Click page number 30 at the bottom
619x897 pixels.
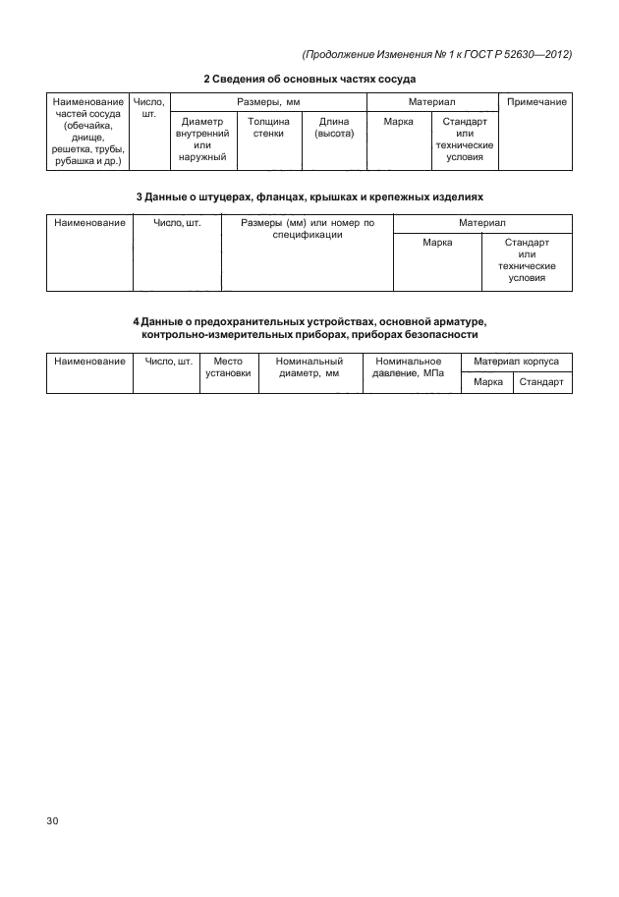tap(53, 820)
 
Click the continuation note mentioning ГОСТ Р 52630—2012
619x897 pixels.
tap(437, 54)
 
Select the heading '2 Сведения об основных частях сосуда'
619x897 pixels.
tap(309, 79)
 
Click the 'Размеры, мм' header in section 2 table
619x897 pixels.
tap(268, 102)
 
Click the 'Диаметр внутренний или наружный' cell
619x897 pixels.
tap(202, 139)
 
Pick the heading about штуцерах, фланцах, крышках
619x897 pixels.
tap(309, 197)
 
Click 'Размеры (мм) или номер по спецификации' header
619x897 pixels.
tap(307, 229)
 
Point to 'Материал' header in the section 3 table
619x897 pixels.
tap(481, 223)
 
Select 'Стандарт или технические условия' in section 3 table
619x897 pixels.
tap(527, 259)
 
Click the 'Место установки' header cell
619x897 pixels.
tap(228, 367)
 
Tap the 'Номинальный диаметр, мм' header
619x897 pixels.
tap(309, 367)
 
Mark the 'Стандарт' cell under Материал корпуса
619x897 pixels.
tap(540, 383)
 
